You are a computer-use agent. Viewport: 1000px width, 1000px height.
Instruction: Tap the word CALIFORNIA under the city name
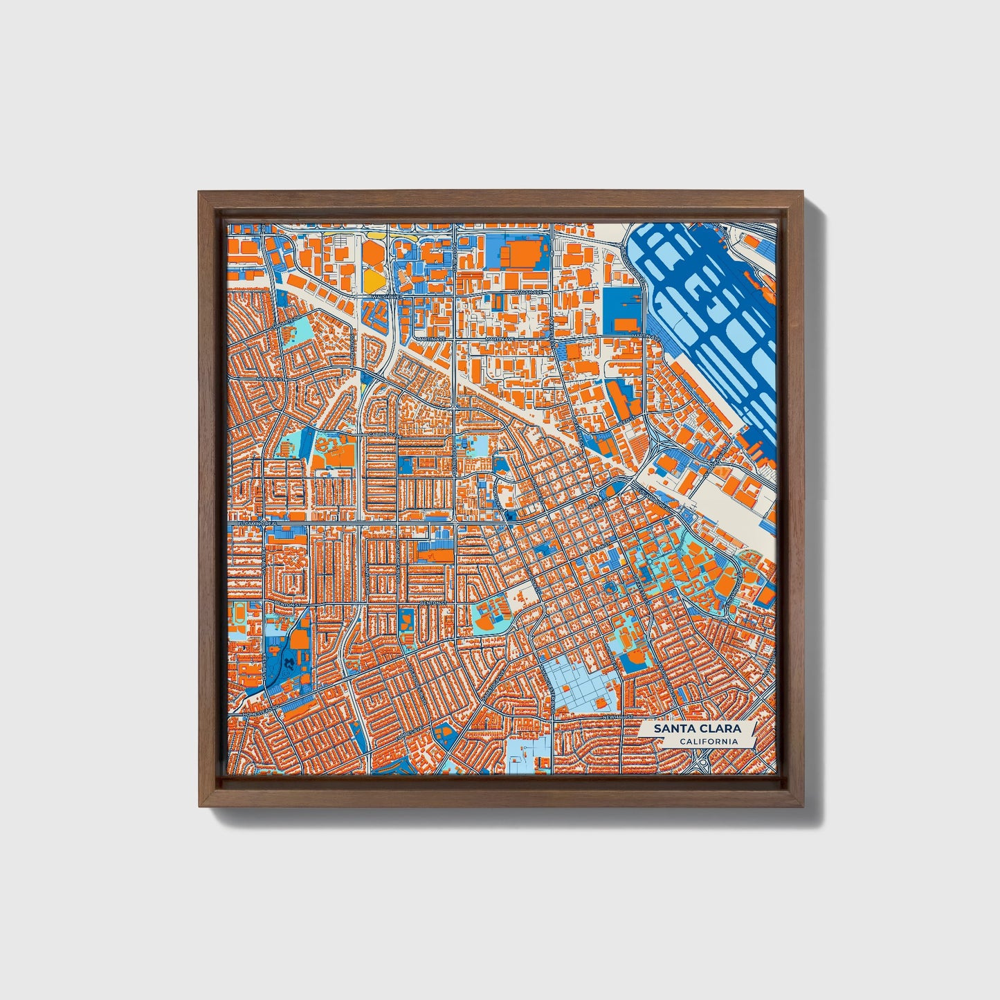pos(707,742)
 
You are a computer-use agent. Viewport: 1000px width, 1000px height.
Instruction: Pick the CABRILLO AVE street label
pos(379,435)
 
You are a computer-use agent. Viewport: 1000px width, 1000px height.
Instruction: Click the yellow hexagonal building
pos(372,279)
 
